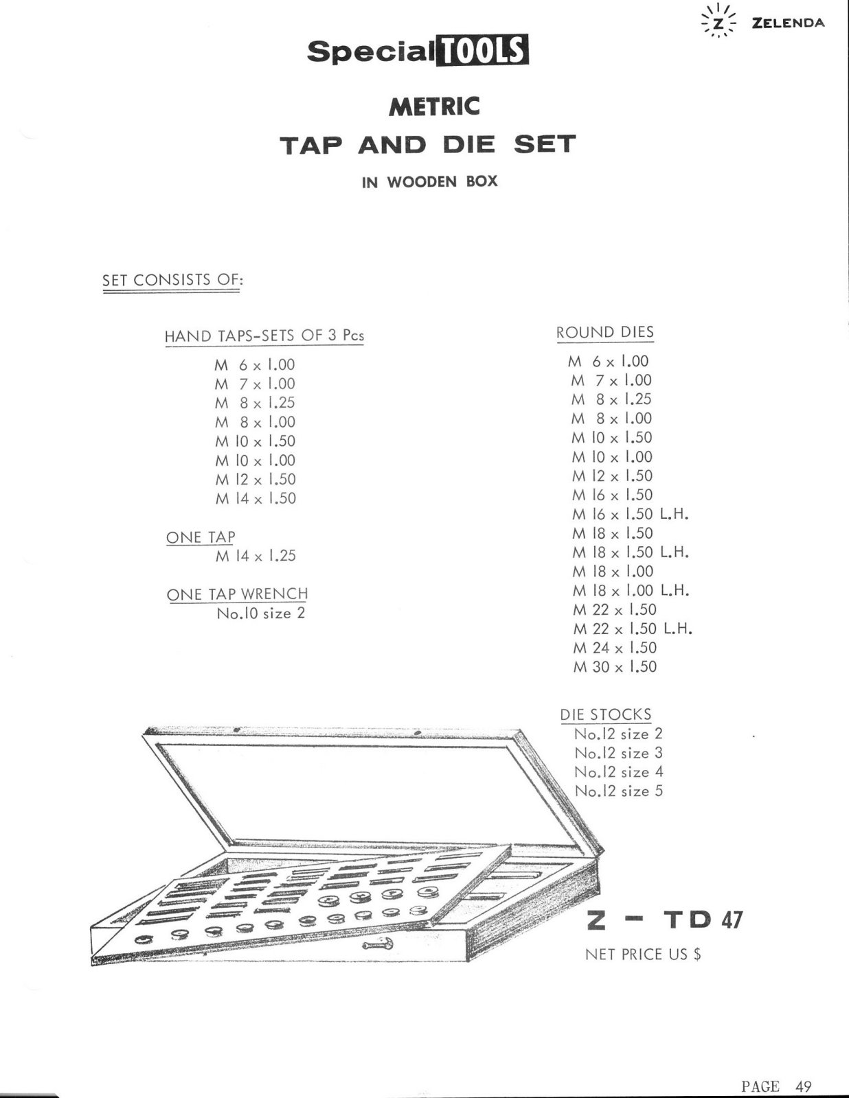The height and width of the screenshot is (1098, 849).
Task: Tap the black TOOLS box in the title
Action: [x=485, y=50]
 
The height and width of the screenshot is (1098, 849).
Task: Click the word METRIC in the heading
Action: [x=434, y=106]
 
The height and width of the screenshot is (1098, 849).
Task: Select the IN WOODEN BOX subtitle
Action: [x=429, y=182]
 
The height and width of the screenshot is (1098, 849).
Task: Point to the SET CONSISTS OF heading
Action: [x=172, y=280]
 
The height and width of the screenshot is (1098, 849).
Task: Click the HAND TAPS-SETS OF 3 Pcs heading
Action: [x=264, y=336]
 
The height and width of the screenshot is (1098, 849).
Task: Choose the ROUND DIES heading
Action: [x=604, y=332]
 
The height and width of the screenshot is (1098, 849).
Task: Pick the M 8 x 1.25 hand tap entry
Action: [x=255, y=403]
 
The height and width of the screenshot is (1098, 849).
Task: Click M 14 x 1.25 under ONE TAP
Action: [x=256, y=556]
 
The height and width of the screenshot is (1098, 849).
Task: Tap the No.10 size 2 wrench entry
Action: [x=261, y=614]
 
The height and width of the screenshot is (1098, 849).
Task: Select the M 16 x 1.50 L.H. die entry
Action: [x=631, y=514]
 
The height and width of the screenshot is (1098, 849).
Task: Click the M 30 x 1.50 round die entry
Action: [x=615, y=667]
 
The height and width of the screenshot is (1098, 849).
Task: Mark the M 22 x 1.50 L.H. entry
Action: [x=633, y=629]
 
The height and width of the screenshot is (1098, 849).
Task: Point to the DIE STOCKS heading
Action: [x=605, y=714]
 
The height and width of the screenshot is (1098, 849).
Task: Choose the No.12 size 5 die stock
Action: [x=618, y=791]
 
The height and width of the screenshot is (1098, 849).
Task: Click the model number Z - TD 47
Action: [x=664, y=920]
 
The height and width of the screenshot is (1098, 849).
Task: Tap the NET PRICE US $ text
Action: [x=643, y=954]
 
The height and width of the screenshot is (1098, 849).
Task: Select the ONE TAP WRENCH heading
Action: [x=237, y=594]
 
